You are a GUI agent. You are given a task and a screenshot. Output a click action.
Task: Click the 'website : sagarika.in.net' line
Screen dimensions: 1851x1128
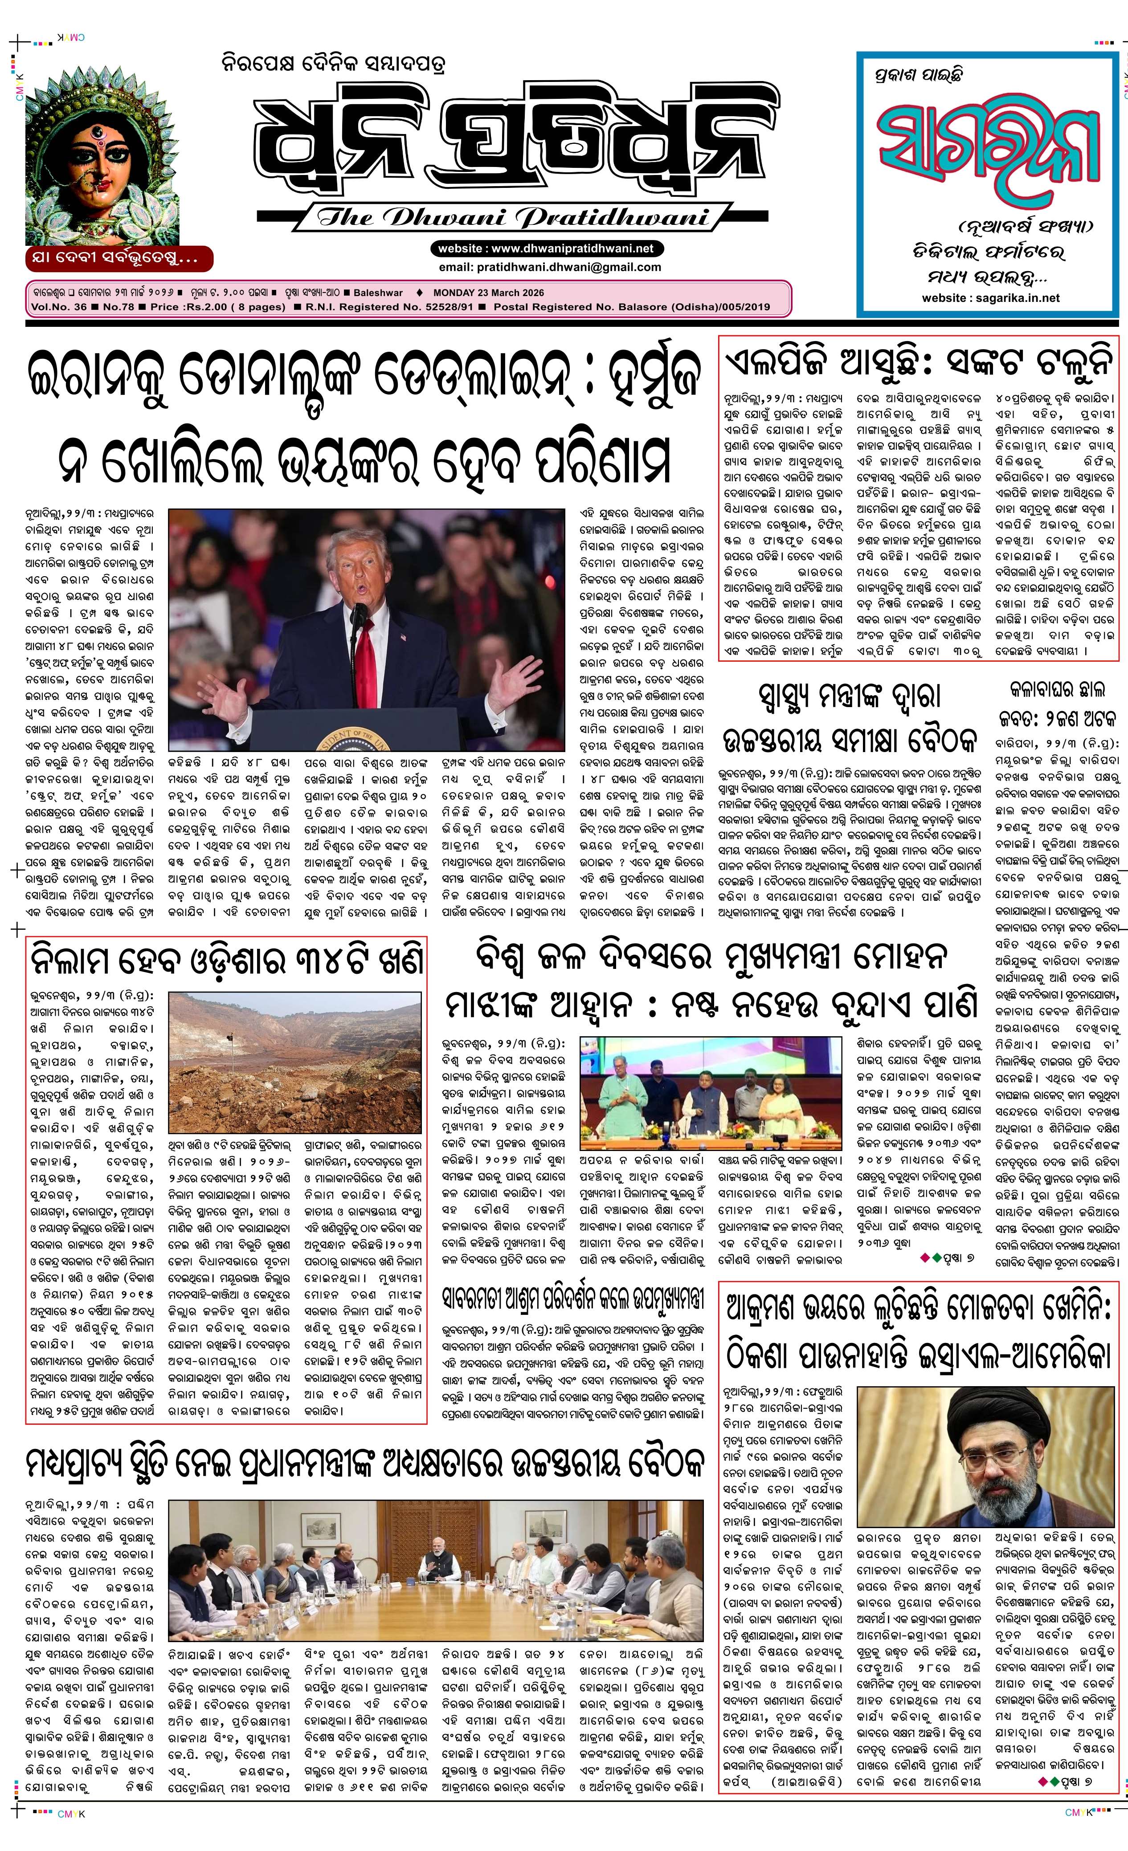[x=990, y=297]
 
